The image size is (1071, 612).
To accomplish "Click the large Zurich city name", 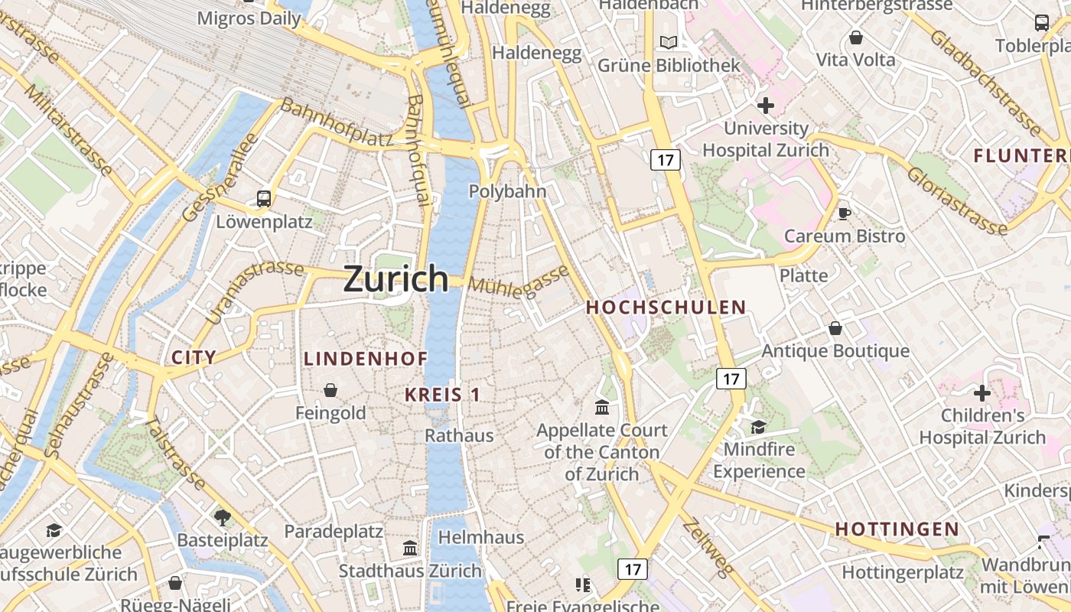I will point(396,278).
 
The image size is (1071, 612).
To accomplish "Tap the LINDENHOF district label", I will point(366,359).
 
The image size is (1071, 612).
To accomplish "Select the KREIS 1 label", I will point(442,395).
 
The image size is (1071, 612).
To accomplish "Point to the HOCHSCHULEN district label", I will point(666,308).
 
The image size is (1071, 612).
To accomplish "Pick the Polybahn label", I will point(507,191).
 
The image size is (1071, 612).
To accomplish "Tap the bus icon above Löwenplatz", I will point(264,199).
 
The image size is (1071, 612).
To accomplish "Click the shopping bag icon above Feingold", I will point(330,391).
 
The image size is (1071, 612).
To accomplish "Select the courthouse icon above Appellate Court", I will point(602,407).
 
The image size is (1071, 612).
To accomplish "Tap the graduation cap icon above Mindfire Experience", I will point(758,427).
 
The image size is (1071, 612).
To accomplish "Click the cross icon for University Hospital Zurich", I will point(765,106).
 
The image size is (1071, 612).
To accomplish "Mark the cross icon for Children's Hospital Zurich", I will point(982,394).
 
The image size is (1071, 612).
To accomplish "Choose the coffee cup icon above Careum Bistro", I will point(844,213).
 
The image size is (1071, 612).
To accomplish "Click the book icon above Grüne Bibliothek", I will point(669,43).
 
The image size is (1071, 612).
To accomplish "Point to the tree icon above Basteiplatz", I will point(223,518).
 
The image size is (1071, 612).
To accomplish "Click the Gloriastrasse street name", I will point(956,200).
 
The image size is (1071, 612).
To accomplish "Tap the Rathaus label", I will point(459,435).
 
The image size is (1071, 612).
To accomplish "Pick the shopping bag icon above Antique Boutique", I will point(835,328).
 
